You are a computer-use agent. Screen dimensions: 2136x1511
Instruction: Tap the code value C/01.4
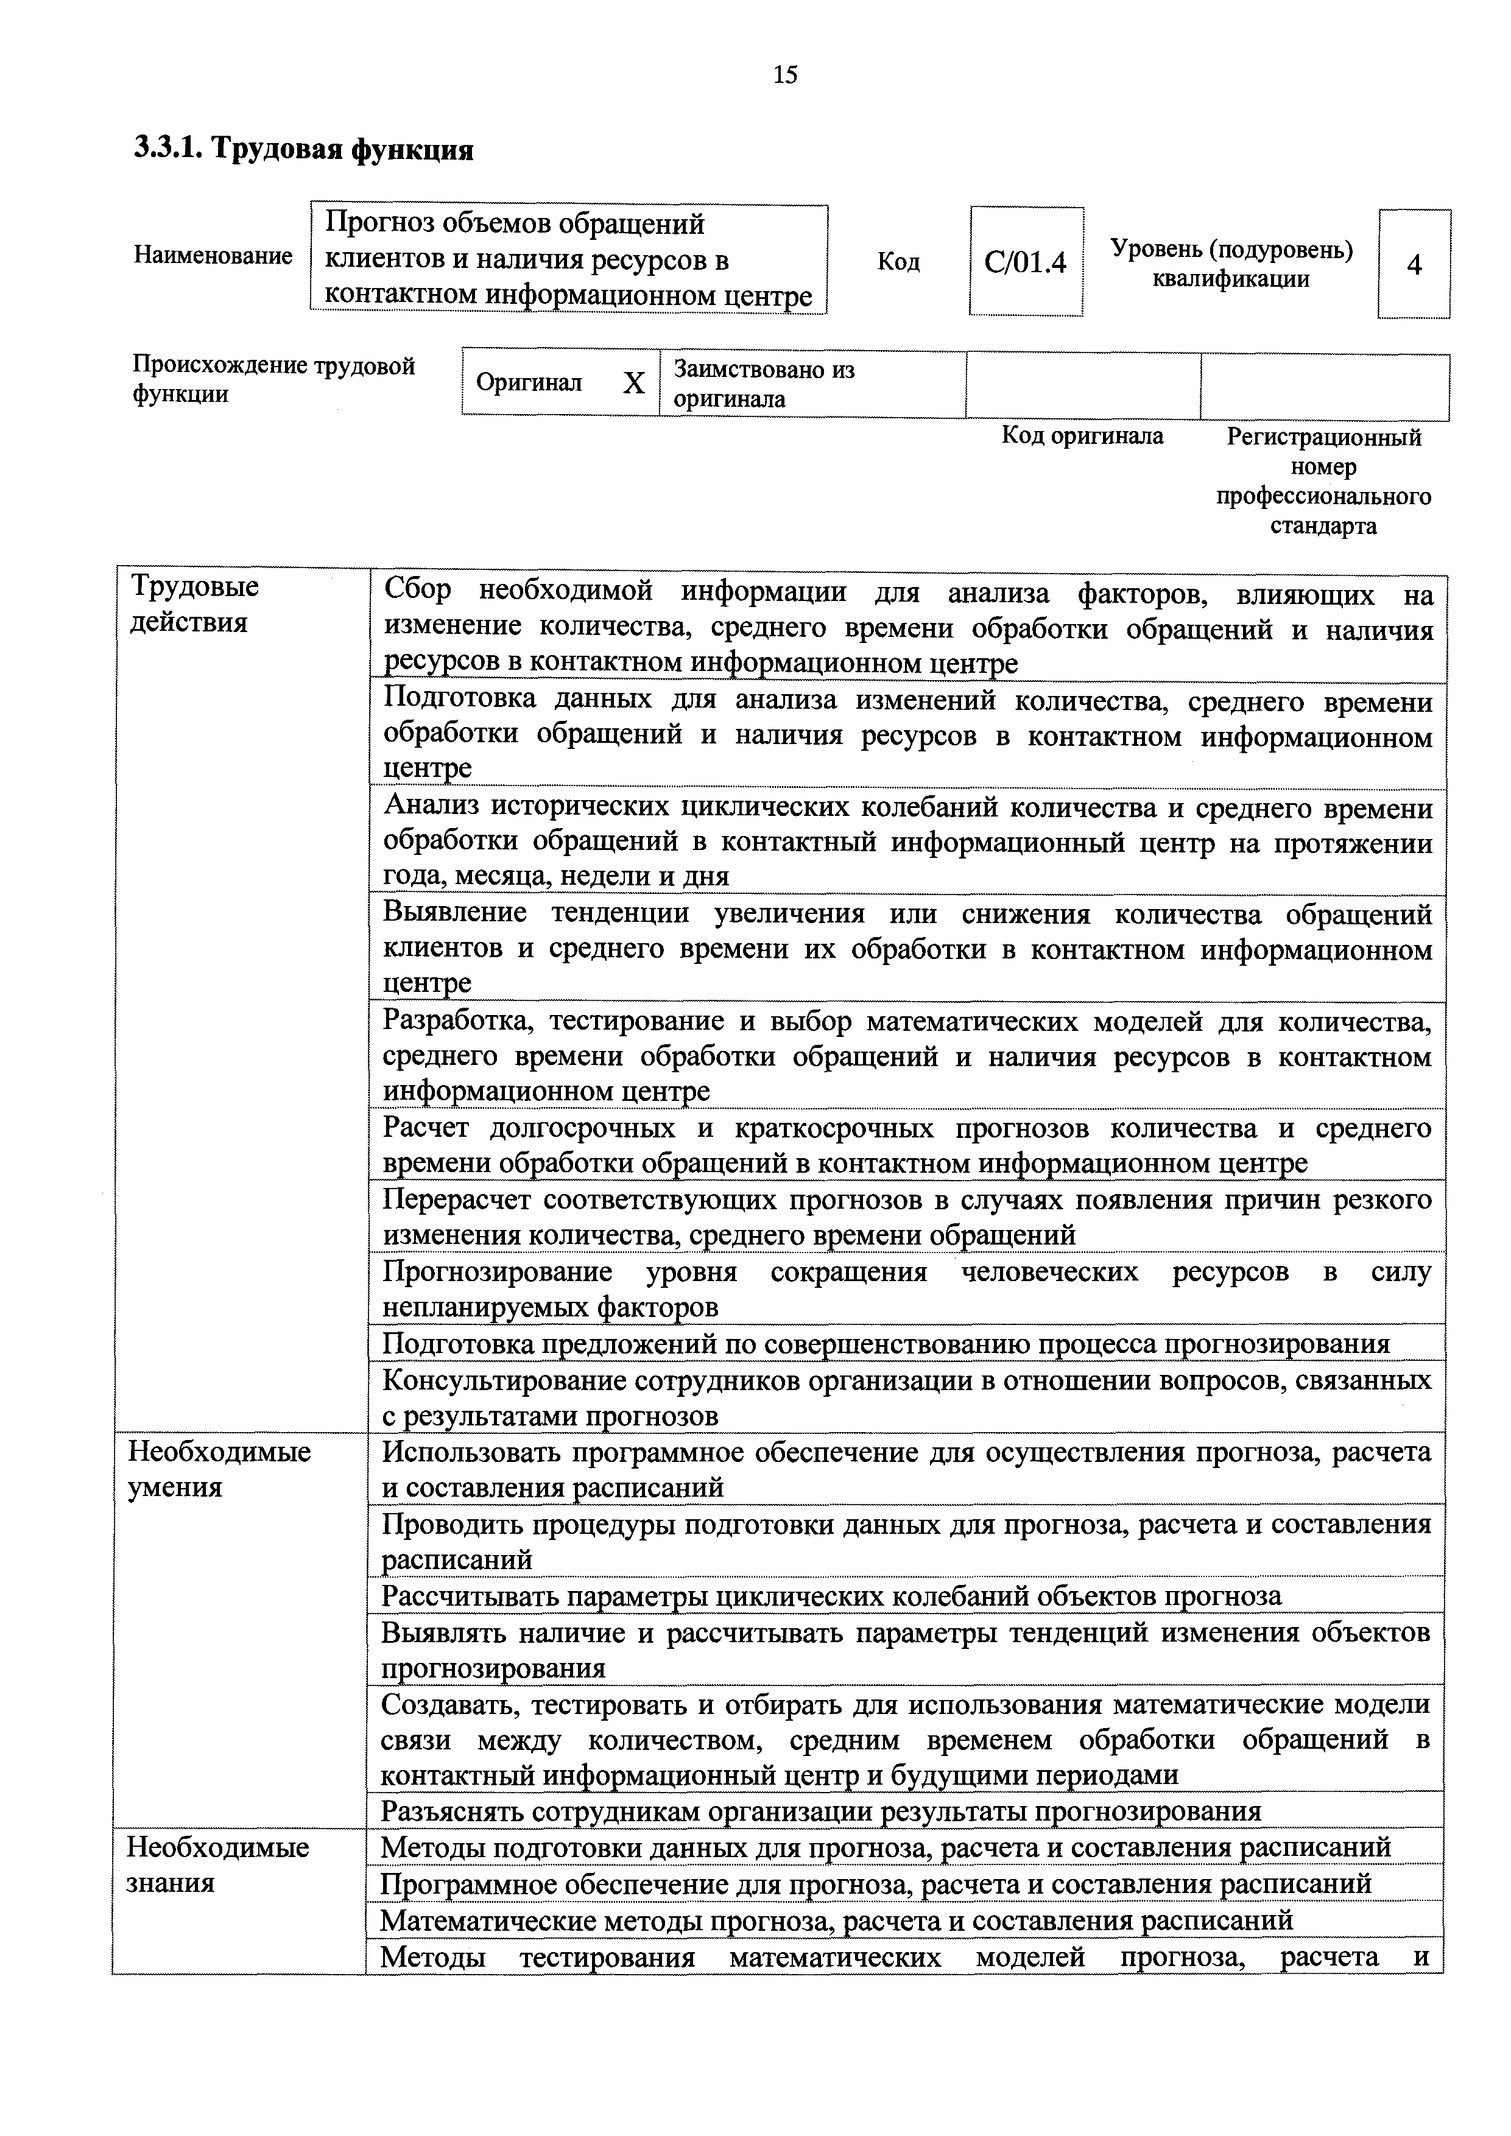[1026, 263]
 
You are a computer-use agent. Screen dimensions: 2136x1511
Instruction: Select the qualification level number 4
[1414, 265]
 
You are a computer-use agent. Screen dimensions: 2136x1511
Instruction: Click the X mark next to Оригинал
[633, 383]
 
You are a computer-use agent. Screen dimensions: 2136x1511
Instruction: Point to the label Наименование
[213, 256]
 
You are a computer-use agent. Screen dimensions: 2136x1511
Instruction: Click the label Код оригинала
[1082, 435]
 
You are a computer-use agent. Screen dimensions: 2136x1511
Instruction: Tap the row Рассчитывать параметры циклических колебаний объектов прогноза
[831, 1597]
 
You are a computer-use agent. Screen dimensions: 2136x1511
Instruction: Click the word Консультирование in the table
[503, 1380]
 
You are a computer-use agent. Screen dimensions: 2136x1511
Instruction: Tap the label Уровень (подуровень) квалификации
[1231, 264]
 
